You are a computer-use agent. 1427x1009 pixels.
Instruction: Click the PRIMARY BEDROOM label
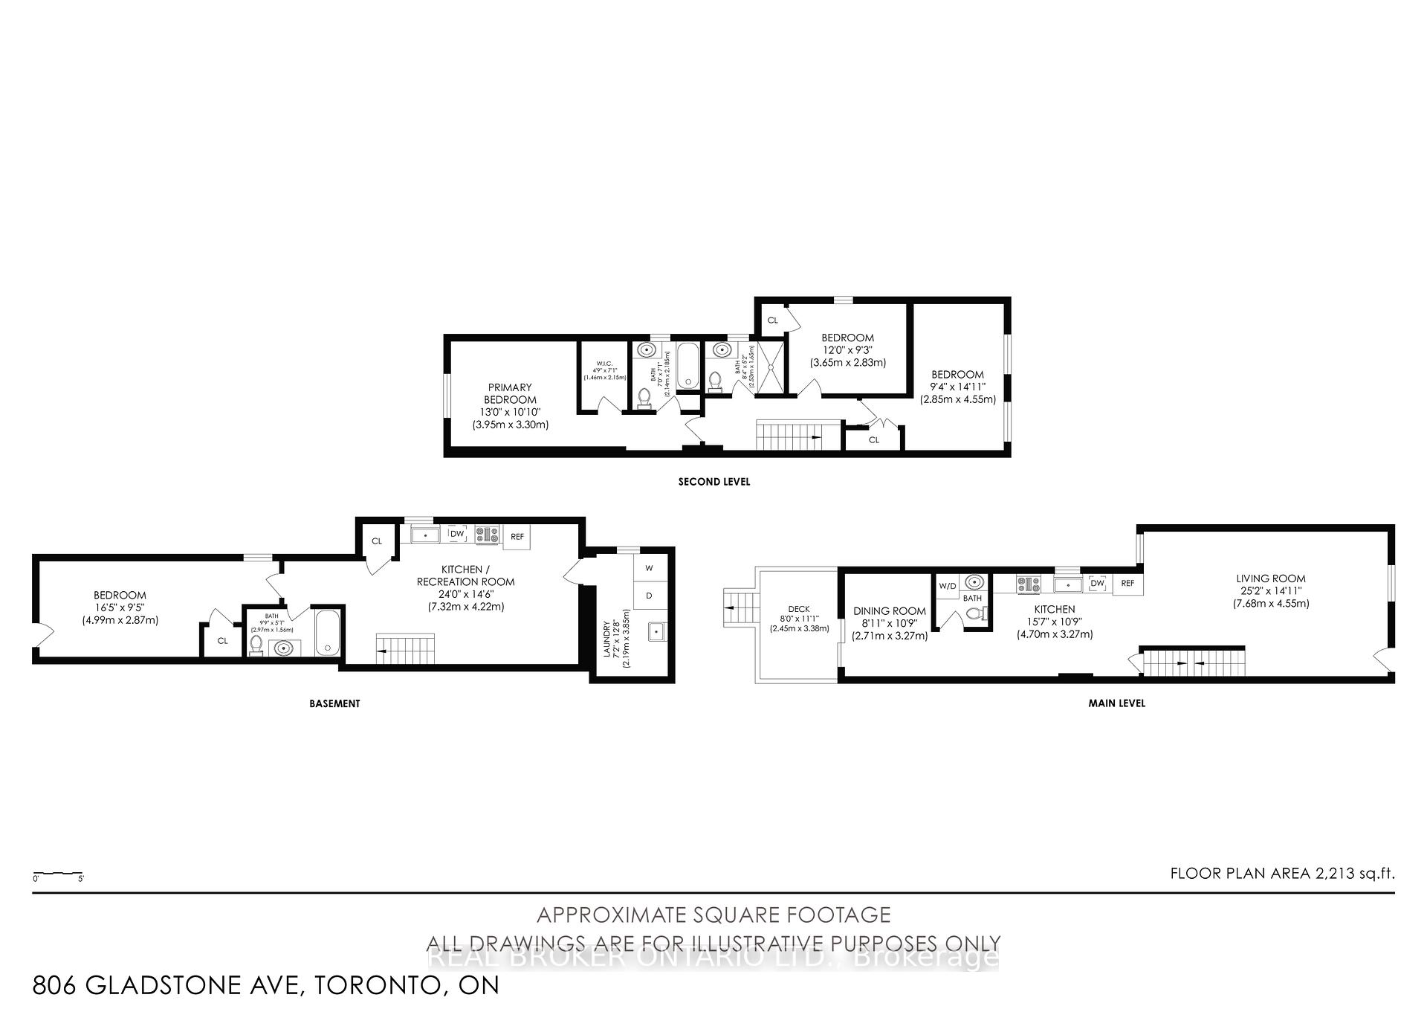pyautogui.click(x=510, y=393)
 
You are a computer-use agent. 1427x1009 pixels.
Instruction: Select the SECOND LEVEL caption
pyautogui.click(x=713, y=482)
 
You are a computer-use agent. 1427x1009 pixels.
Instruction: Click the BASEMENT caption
pyautogui.click(x=334, y=703)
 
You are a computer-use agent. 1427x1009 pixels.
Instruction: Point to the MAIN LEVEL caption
pyautogui.click(x=1116, y=703)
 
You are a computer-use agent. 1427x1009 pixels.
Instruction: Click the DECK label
pyautogui.click(x=799, y=609)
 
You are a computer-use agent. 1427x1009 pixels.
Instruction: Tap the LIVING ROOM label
pyautogui.click(x=1271, y=578)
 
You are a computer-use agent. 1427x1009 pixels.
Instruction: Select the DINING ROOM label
pyautogui.click(x=890, y=611)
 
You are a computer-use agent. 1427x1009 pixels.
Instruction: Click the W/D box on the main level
pyautogui.click(x=947, y=586)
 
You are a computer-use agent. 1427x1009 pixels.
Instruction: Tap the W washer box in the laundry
pyautogui.click(x=649, y=568)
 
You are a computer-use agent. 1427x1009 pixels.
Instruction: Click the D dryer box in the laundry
pyautogui.click(x=649, y=596)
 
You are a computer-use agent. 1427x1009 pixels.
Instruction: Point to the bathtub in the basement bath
pyautogui.click(x=328, y=632)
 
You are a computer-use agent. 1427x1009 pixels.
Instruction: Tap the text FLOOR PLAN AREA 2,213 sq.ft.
pyautogui.click(x=1282, y=873)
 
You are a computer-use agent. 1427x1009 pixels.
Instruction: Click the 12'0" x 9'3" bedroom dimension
pyautogui.click(x=847, y=350)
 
